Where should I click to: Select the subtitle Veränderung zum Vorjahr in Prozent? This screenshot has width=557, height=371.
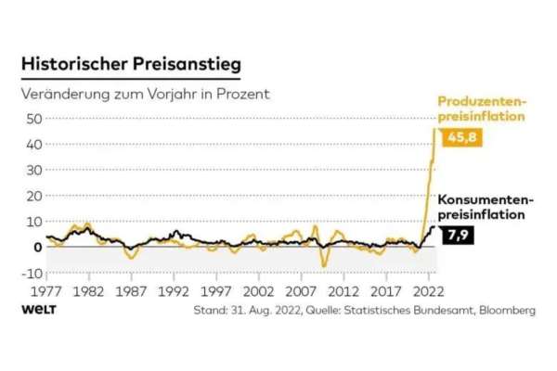[149, 95]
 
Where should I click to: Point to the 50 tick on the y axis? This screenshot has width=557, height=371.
[33, 119]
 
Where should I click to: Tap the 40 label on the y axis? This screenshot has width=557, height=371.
[33, 145]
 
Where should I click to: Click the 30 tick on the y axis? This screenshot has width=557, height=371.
[33, 171]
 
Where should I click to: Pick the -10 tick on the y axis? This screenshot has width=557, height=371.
[32, 273]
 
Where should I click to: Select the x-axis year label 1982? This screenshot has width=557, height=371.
[88, 290]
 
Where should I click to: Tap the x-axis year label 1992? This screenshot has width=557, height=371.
[174, 290]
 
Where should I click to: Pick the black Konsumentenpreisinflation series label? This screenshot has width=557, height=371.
[486, 207]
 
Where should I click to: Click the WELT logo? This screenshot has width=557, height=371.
[39, 310]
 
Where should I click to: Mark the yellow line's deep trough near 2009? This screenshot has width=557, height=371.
[324, 265]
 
